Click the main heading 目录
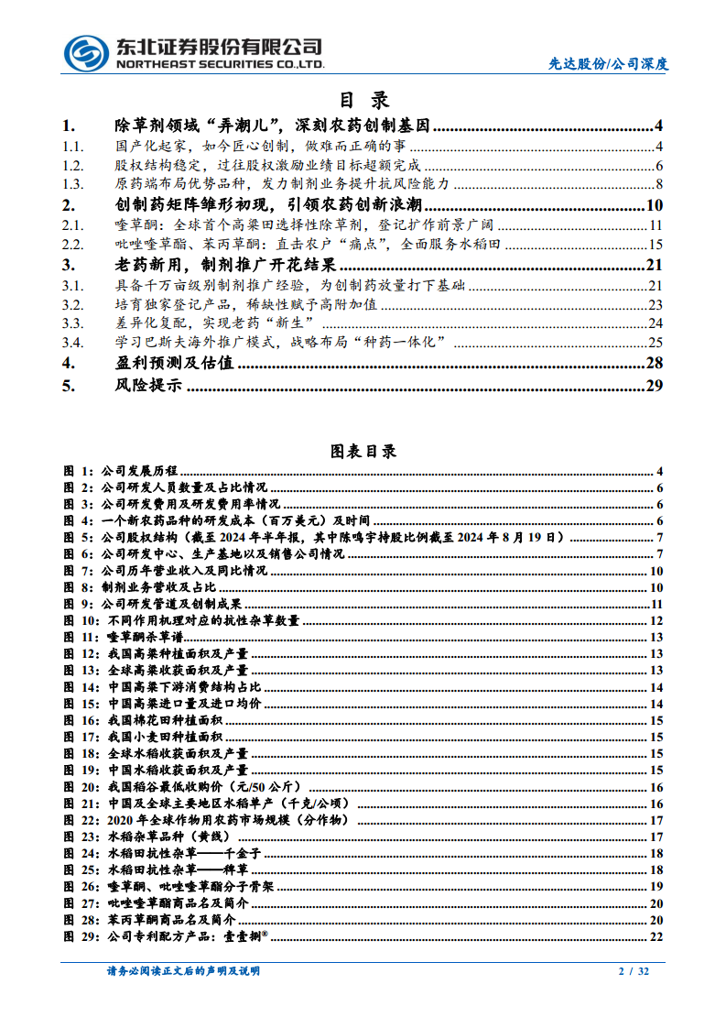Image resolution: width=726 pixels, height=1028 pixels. (x=363, y=100)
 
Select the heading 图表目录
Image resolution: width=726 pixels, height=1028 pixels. (x=363, y=451)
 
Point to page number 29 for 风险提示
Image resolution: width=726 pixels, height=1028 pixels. (x=653, y=386)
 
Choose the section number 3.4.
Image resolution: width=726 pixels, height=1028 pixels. (x=73, y=342)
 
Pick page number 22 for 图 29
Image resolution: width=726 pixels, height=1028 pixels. (x=656, y=935)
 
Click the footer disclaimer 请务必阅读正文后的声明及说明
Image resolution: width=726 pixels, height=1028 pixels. (x=183, y=971)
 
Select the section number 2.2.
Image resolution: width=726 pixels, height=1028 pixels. (x=73, y=245)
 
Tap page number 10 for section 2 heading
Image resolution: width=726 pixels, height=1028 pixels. (x=654, y=205)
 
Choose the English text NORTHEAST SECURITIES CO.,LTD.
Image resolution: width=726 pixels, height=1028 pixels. (x=221, y=65)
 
